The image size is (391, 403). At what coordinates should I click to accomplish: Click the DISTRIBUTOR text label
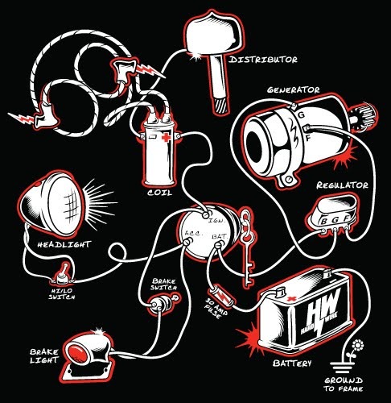click(263, 60)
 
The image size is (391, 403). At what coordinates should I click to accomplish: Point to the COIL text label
click(160, 193)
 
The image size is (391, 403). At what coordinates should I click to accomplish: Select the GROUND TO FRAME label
click(352, 384)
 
